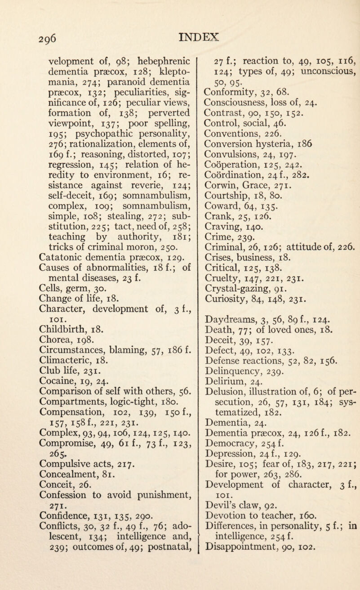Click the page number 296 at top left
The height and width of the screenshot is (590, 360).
(23, 16)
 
